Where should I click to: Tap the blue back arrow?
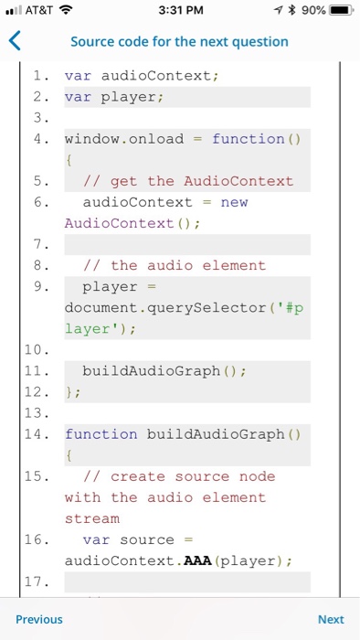pyautogui.click(x=13, y=41)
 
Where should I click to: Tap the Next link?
pyautogui.click(x=331, y=619)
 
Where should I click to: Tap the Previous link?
pyautogui.click(x=39, y=619)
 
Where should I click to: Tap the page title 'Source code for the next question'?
pyautogui.click(x=179, y=41)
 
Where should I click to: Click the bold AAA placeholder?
pyautogui.click(x=197, y=560)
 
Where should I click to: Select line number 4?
pyautogui.click(x=40, y=139)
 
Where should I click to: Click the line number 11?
pyautogui.click(x=40, y=370)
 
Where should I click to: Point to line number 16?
pyautogui.click(x=40, y=539)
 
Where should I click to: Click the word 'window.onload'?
pyautogui.click(x=124, y=139)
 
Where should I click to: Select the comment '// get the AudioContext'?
pyautogui.click(x=188, y=181)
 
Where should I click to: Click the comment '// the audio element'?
pyautogui.click(x=175, y=265)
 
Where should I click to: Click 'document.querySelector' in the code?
pyautogui.click(x=170, y=307)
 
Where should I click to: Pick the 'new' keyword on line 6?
pyautogui.click(x=234, y=202)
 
